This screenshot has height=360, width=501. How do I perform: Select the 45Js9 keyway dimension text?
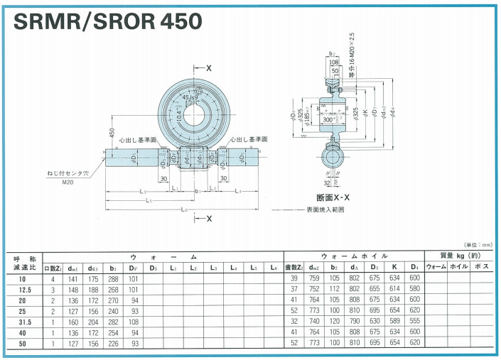(x=190, y=97)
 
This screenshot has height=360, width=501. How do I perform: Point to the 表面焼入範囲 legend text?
(x=325, y=210)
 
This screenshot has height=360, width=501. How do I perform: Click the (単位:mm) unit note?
(x=478, y=244)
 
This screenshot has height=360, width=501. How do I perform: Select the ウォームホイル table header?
(x=355, y=256)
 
